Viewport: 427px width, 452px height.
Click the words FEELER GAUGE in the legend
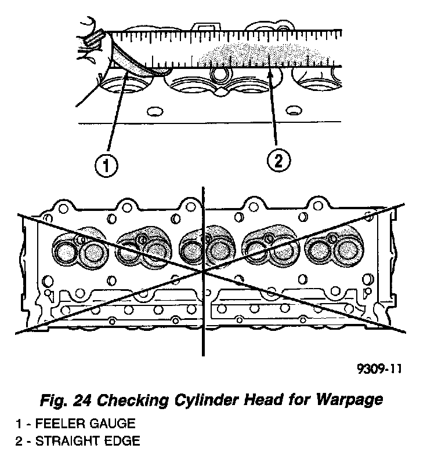coord(86,424)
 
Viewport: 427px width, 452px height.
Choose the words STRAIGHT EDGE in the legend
coord(88,441)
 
